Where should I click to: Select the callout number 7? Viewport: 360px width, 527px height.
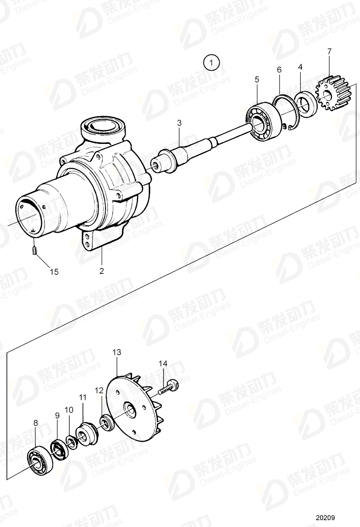tap(329, 51)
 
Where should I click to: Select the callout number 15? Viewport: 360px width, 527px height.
tap(54, 272)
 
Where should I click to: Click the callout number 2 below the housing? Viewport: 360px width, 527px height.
tap(102, 271)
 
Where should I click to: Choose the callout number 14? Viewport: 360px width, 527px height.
tap(163, 364)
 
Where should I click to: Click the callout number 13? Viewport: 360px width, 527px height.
tap(116, 352)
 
